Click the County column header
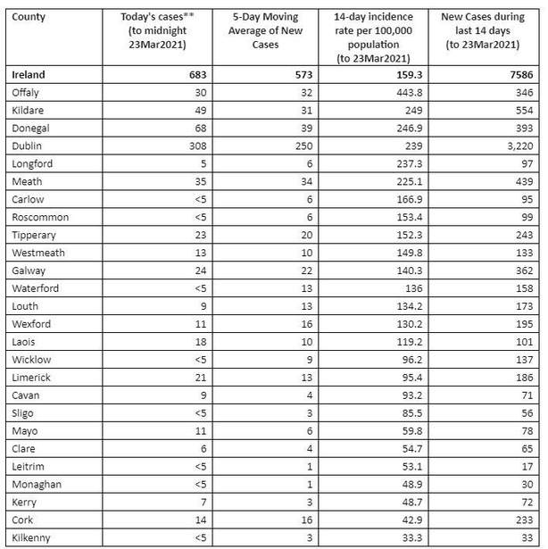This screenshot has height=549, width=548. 28,16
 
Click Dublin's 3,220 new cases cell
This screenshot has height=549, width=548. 516,145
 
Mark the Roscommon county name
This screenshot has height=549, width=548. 41,217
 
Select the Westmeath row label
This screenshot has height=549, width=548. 38,253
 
